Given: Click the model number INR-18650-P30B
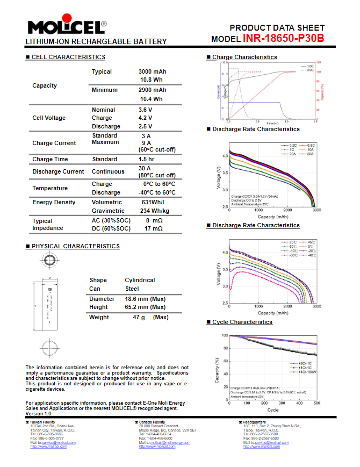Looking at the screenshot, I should click(x=283, y=38).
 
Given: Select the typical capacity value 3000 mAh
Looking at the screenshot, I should click(x=152, y=71).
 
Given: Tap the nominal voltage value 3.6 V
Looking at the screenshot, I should click(x=145, y=110).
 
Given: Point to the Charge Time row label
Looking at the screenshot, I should click(x=50, y=159).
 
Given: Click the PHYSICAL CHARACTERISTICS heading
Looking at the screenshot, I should click(x=75, y=246).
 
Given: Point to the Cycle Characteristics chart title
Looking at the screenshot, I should click(x=242, y=322).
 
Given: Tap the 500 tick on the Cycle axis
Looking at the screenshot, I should click(x=316, y=403).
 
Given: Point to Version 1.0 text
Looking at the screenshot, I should click(x=38, y=414).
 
